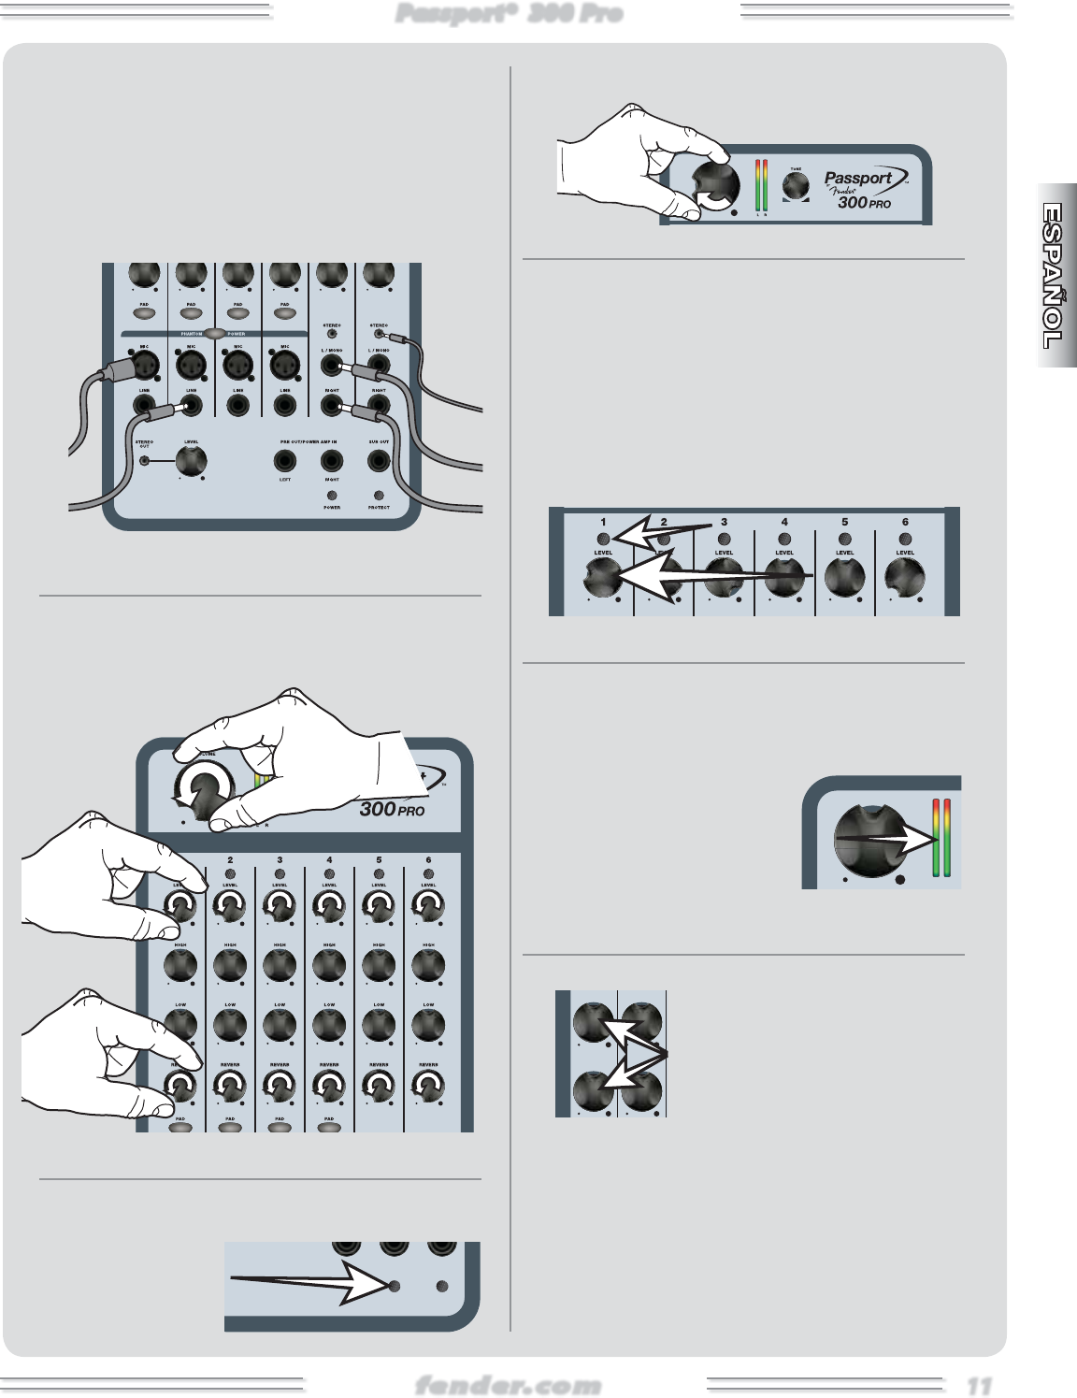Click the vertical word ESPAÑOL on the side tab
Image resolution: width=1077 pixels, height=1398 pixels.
(1054, 276)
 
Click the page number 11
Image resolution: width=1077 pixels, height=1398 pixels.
(979, 1385)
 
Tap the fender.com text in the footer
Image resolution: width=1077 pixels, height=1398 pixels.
(508, 1385)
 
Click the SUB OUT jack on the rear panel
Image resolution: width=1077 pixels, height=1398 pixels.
(379, 460)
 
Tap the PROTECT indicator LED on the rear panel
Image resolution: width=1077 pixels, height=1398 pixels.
(379, 496)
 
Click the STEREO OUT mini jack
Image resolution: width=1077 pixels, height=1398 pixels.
(144, 459)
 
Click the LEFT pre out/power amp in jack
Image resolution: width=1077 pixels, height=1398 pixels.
(284, 460)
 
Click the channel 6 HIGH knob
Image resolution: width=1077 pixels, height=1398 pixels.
(428, 964)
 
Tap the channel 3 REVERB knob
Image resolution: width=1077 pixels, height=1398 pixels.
(280, 1086)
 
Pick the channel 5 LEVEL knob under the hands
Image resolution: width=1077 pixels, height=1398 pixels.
(379, 905)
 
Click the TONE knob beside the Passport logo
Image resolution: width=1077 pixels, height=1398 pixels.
(795, 185)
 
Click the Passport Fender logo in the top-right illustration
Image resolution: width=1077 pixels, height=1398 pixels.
(859, 183)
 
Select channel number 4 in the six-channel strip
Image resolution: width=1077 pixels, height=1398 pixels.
(784, 522)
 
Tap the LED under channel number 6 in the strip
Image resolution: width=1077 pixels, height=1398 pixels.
(905, 539)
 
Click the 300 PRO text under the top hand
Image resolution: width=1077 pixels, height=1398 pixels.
(392, 809)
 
